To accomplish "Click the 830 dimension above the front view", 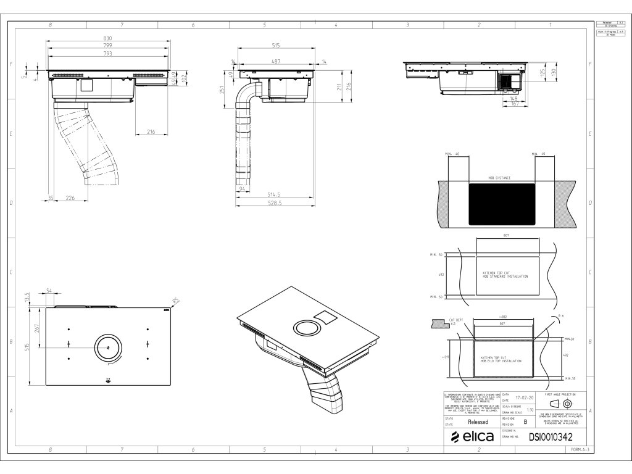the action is [107, 39].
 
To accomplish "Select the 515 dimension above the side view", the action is [276, 46].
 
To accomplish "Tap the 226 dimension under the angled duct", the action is [70, 197].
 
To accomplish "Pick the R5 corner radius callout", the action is [176, 302].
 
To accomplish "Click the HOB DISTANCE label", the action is [500, 177].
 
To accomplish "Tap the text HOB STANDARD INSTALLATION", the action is [505, 276].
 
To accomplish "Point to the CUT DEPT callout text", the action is [457, 319].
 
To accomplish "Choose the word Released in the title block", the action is [478, 422].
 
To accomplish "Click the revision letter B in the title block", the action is [525, 422].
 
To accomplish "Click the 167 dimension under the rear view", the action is [513, 104].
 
